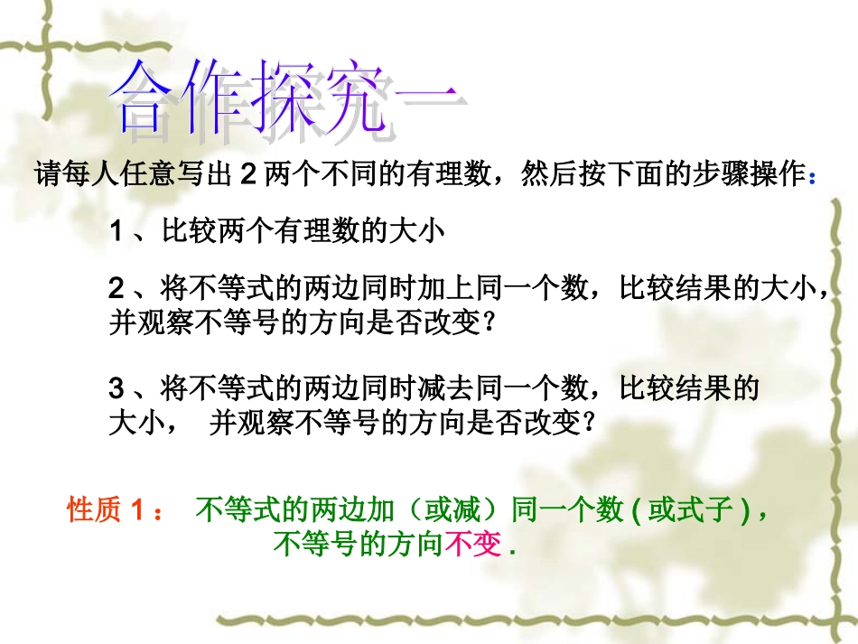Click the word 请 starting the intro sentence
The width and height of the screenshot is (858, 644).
[x=47, y=174]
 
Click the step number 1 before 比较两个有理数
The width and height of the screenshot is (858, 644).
[x=116, y=232]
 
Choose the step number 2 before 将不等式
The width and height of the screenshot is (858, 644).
[x=116, y=289]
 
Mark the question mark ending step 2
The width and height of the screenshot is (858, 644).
[x=490, y=322]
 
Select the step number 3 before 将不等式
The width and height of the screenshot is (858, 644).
[x=116, y=389]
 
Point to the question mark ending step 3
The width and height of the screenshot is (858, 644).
[x=590, y=423]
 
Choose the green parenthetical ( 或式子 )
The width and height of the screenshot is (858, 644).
[x=690, y=512]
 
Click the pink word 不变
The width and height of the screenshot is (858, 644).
[x=472, y=546]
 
